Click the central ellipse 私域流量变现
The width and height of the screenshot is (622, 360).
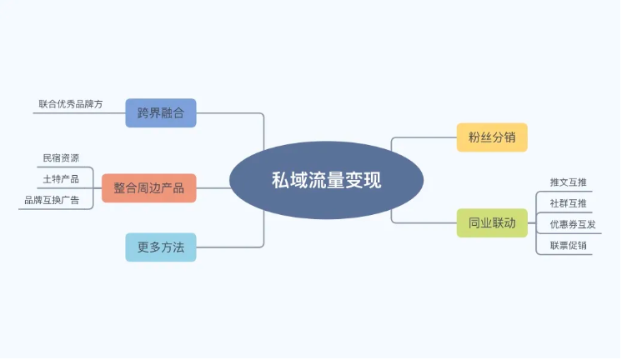pyautogui.click(x=326, y=180)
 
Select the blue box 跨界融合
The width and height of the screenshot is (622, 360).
pyautogui.click(x=161, y=113)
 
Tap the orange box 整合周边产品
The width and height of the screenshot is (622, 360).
pyautogui.click(x=148, y=188)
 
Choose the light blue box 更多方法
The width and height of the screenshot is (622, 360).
pyautogui.click(x=161, y=247)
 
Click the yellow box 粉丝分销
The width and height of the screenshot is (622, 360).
pyautogui.click(x=492, y=137)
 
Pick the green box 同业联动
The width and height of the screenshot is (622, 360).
pyautogui.click(x=492, y=222)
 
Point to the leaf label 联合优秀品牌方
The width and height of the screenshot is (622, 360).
pyautogui.click(x=71, y=104)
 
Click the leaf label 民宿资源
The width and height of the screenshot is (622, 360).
pyautogui.click(x=61, y=157)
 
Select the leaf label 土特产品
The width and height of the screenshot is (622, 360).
pyautogui.click(x=61, y=179)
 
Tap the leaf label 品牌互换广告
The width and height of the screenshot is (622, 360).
pyautogui.click(x=52, y=200)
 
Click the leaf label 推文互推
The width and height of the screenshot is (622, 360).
pyautogui.click(x=568, y=182)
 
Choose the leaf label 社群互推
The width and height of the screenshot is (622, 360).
pyautogui.click(x=568, y=203)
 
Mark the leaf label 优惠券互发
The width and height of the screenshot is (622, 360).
pyautogui.click(x=573, y=224)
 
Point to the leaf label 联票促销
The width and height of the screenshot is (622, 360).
pyautogui.click(x=568, y=245)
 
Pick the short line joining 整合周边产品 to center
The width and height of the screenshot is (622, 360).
pyautogui.click(x=213, y=188)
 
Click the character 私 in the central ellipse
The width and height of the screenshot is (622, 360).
pyautogui.click(x=280, y=180)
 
